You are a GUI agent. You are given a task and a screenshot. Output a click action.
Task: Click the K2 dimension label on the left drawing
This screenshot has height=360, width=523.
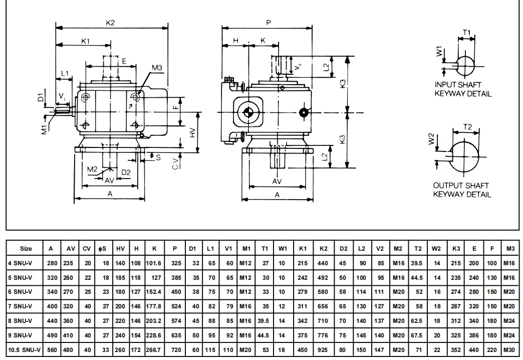pyautogui.click(x=111, y=23)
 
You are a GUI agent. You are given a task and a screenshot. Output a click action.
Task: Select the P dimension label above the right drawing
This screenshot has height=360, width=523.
pyautogui.click(x=269, y=23)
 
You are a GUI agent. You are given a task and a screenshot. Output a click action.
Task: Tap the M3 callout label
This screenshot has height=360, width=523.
pyautogui.click(x=157, y=68)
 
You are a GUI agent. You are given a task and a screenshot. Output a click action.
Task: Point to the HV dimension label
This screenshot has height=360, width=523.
pyautogui.click(x=193, y=132)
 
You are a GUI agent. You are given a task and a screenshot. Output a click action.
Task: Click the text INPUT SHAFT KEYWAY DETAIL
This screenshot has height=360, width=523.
pyautogui.click(x=463, y=89)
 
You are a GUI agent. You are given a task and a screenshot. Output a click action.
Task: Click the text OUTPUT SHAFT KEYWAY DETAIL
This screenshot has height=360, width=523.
pyautogui.click(x=462, y=190)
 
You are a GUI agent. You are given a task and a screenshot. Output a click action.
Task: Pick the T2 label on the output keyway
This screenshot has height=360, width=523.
pyautogui.click(x=467, y=127)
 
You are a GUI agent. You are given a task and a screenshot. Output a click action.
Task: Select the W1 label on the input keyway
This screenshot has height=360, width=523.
pyautogui.click(x=439, y=52)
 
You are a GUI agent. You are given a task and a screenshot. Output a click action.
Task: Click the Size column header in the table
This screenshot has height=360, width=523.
pyautogui.click(x=26, y=248)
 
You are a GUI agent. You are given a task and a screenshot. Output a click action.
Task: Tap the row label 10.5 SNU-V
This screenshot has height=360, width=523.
pyautogui.click(x=24, y=349)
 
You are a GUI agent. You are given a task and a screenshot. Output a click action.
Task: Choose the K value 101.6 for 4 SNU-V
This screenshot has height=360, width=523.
pyautogui.click(x=155, y=263)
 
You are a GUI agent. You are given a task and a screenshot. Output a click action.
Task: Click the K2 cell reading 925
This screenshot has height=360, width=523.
pyautogui.click(x=323, y=349)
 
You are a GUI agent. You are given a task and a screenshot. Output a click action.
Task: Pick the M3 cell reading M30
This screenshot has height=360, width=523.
pyautogui.click(x=510, y=349)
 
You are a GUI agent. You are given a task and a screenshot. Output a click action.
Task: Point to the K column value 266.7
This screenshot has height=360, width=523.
pyautogui.click(x=155, y=349)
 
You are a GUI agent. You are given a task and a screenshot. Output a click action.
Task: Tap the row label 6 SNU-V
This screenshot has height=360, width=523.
pyautogui.click(x=20, y=291)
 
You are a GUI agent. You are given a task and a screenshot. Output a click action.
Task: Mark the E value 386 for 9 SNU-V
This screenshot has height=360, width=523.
pyautogui.click(x=473, y=335)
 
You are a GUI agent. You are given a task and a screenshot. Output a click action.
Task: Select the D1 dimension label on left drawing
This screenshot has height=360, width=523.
pyautogui.click(x=42, y=96)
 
